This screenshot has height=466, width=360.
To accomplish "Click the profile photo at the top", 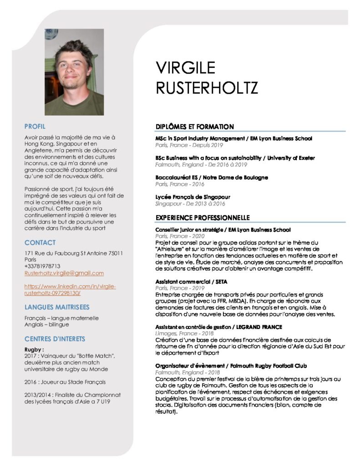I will pyautogui.click(x=74, y=72).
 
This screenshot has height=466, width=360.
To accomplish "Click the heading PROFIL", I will pyautogui.click(x=35, y=126).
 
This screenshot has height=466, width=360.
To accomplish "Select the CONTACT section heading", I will pyautogui.click(x=40, y=243).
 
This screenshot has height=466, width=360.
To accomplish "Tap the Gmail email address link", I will pyautogui.click(x=64, y=273).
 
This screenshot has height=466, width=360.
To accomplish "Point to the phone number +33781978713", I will pyautogui.click(x=42, y=266).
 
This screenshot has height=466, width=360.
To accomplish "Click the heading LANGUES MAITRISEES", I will pyautogui.click(x=57, y=307).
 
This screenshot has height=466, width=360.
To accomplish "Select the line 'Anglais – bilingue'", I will pyautogui.click(x=46, y=324).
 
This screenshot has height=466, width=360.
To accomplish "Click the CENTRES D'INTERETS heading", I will pyautogui.click(x=55, y=339).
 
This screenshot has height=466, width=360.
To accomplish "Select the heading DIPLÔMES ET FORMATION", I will pyautogui.click(x=194, y=127).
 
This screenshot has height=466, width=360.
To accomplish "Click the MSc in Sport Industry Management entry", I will pyautogui.click(x=233, y=138).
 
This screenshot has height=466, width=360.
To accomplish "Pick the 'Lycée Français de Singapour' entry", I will pyautogui.click(x=193, y=197).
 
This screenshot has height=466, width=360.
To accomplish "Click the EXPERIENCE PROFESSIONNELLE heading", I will pyautogui.click(x=203, y=218).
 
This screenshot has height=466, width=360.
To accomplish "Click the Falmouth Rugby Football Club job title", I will pyautogui.click(x=231, y=366).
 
